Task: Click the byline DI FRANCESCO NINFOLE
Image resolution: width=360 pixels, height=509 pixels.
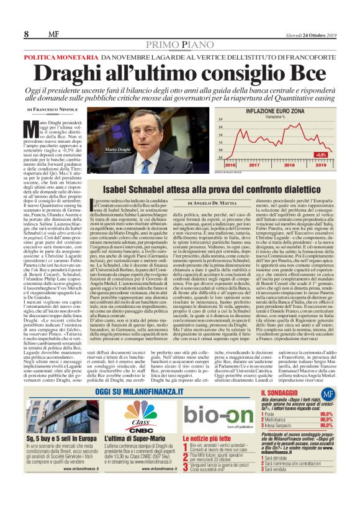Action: [x=61, y=109]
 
